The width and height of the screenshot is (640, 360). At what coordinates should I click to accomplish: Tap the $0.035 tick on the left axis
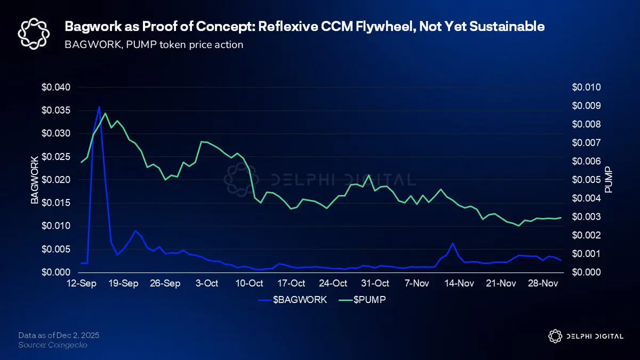coord(59,110)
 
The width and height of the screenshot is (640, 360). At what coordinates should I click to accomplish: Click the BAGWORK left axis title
coord(34,180)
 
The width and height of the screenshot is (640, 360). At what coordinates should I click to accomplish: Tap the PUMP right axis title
coord(609,180)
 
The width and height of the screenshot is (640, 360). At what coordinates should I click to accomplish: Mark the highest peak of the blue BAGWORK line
coord(99,107)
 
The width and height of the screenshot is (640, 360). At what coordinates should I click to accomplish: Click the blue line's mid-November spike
coord(453,243)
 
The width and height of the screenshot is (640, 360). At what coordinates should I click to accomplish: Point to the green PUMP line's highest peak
coord(105,113)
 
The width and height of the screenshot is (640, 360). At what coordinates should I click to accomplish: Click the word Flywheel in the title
coord(391,26)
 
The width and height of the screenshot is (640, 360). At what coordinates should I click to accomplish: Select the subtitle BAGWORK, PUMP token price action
coord(154,45)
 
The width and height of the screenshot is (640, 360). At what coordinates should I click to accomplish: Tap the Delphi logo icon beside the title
coord(34,34)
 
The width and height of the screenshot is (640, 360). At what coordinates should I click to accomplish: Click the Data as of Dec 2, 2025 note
coord(59,335)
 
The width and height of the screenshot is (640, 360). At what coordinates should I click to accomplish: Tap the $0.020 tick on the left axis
coord(59,180)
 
